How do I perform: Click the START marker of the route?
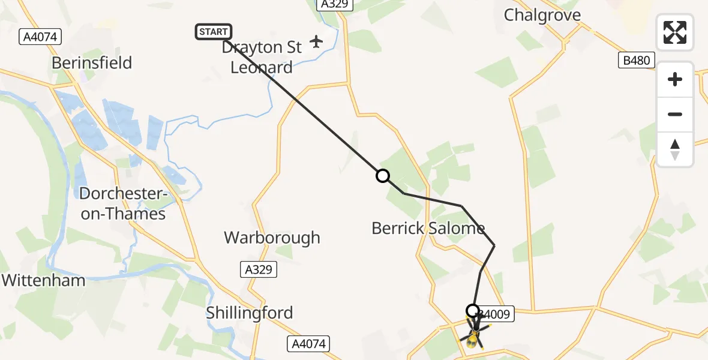click(213, 32)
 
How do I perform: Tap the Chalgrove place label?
click(542, 15)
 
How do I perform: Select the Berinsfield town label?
click(92, 63)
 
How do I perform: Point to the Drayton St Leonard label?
click(262, 57)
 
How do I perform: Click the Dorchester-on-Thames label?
click(122, 203)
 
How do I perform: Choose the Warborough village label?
click(272, 238)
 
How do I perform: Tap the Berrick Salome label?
click(428, 228)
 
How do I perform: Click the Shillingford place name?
click(249, 313)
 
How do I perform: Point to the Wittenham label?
click(43, 280)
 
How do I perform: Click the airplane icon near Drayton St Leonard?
click(316, 42)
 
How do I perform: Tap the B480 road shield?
click(635, 60)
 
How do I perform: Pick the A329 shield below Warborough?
click(259, 269)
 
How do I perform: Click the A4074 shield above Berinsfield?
click(40, 37)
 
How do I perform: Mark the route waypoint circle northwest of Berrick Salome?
click(382, 176)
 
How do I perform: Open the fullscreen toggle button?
click(675, 32)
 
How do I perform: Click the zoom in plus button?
click(675, 79)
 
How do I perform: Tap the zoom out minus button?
click(675, 114)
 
